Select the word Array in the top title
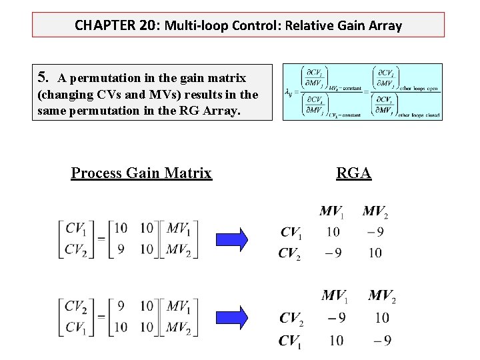point(385,26)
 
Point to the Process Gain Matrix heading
point(141,173)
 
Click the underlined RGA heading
point(353,173)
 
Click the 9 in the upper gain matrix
point(120,249)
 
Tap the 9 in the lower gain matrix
point(120,306)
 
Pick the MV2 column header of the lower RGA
point(382,295)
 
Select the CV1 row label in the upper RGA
point(291,233)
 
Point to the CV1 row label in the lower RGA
point(291,341)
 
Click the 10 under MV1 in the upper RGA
point(333,233)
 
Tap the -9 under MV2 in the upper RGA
point(375,233)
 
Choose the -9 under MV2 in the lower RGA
point(382,341)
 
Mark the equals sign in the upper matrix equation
point(101,239)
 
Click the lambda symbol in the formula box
point(288,93)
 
